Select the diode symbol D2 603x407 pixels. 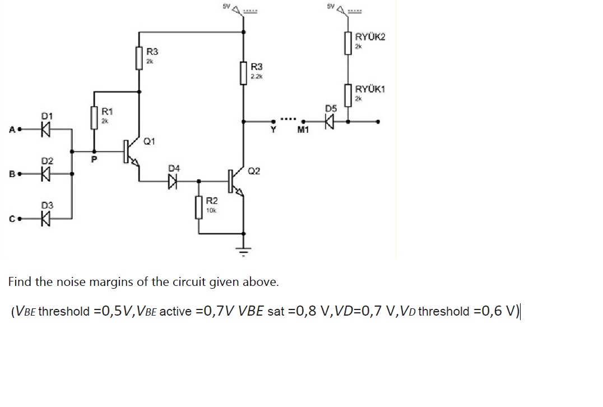click(47, 174)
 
